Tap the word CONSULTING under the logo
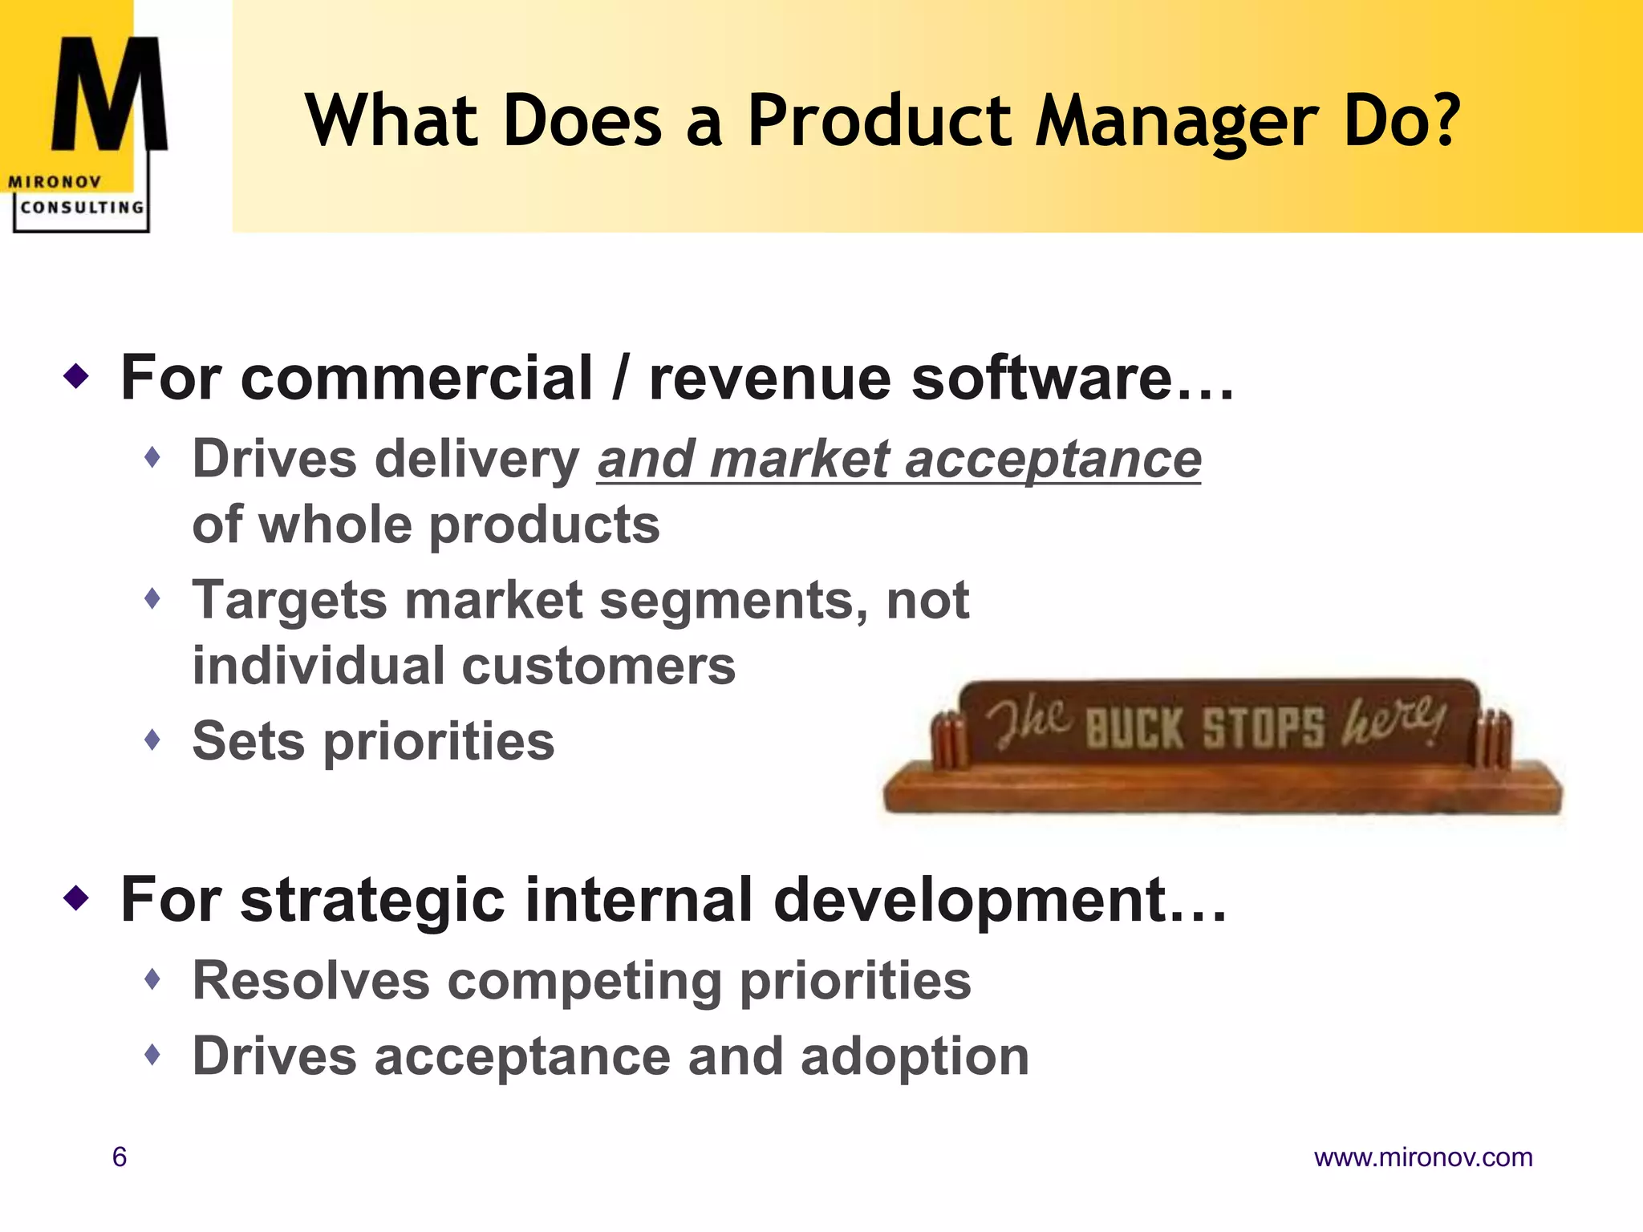pos(82,208)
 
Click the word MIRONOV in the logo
pos(55,182)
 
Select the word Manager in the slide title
pos(1176,122)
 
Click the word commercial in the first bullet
pos(416,378)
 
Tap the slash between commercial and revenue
pos(619,378)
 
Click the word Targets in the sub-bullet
pos(290,600)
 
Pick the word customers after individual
pos(598,666)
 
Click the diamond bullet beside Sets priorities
pos(152,739)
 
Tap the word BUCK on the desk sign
pos(1134,728)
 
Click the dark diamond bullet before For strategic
pos(76,898)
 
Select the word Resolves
pos(311,980)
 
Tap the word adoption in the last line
pos(915,1056)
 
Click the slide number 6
pos(120,1157)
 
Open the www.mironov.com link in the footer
pos(1422,1157)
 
